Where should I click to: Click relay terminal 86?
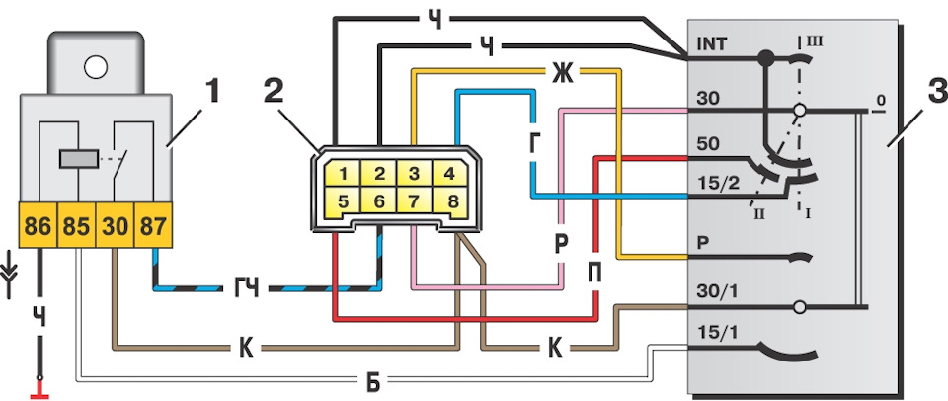(39, 225)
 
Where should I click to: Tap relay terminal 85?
(77, 225)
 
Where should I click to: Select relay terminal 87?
(153, 225)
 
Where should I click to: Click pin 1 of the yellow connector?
(343, 174)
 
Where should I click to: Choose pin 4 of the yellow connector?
(449, 174)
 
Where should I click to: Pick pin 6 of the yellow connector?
(378, 201)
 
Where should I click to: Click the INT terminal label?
(712, 44)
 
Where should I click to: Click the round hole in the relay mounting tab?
(96, 67)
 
